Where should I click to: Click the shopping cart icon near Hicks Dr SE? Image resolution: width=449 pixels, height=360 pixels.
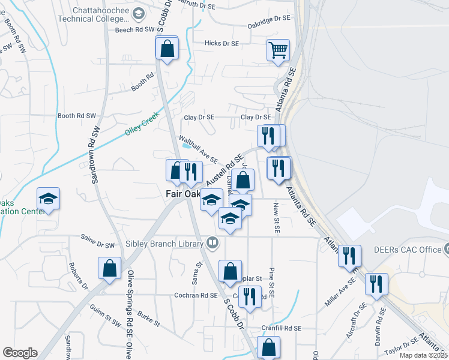(279, 51)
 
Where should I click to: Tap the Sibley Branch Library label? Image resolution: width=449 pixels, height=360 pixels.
(164, 244)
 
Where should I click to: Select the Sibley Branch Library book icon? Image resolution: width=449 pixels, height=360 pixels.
(211, 243)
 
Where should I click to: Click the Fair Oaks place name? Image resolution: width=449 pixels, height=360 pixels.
(182, 194)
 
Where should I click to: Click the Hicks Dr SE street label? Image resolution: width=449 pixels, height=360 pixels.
(221, 43)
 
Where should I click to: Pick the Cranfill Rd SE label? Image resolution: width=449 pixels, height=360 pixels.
(281, 328)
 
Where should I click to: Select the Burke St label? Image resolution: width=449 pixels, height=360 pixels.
(148, 318)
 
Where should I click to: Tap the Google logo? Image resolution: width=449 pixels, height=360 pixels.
(19, 353)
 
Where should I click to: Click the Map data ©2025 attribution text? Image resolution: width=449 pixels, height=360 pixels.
(423, 355)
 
